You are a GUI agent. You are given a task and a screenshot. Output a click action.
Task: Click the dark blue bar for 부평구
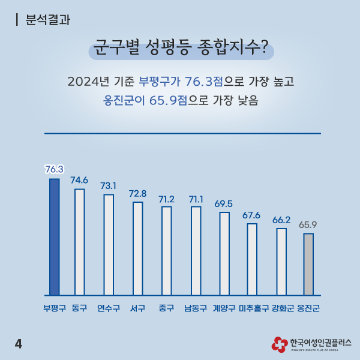point(54,237)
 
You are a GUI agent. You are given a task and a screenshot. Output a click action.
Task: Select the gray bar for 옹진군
point(308,264)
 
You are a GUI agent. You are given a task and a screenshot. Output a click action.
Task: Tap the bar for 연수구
point(109,245)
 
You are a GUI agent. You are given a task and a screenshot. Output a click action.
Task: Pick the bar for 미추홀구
point(252,259)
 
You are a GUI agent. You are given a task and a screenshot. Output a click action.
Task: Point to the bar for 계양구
point(224,254)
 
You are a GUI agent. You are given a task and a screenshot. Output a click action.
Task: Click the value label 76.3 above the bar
point(54,169)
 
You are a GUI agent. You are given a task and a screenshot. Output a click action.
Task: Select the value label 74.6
point(79,179)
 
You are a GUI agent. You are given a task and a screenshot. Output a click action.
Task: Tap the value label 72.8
point(137,193)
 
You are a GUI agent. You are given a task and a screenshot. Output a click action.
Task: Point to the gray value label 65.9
point(308,224)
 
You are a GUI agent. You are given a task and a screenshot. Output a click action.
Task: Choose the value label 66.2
point(281,220)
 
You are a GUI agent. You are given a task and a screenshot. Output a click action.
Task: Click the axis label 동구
point(79,308)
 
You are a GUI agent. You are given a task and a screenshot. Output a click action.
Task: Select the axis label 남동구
point(196,308)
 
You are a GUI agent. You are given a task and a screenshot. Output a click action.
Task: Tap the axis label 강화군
point(282,308)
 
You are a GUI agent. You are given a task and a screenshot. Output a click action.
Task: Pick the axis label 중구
point(166,308)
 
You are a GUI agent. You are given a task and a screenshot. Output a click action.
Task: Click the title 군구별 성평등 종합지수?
point(181,48)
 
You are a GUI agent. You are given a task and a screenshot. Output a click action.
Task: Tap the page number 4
point(18,343)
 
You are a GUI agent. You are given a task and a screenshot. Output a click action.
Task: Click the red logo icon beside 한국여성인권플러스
point(278,344)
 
